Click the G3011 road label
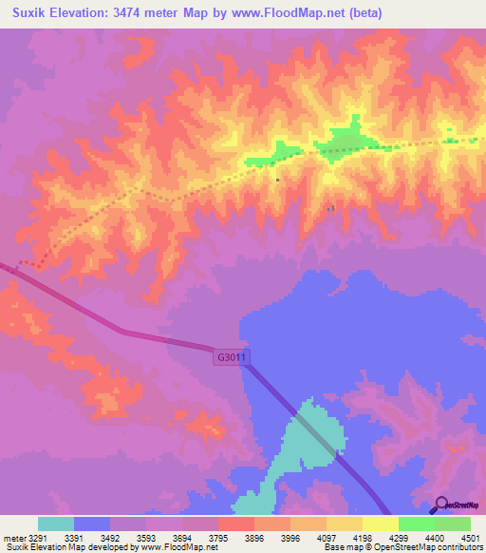pyautogui.click(x=230, y=358)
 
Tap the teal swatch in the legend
pyautogui.click(x=56, y=524)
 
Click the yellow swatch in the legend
pyautogui.click(x=380, y=524)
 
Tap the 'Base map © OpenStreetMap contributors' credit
pyautogui.click(x=402, y=547)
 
